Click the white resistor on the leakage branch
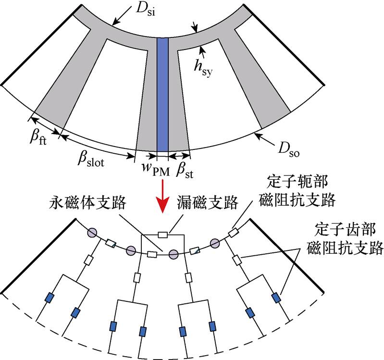point(163,235)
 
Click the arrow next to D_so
point(262,138)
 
